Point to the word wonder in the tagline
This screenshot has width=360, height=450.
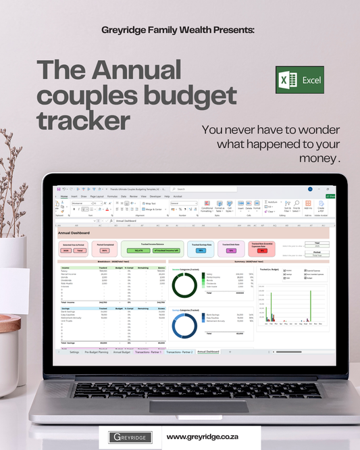point(319,130)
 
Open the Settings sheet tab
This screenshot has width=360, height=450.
point(74,352)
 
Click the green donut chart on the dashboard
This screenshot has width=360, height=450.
point(185,284)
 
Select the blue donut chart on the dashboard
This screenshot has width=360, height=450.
point(185,326)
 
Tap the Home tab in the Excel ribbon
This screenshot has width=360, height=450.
point(63,197)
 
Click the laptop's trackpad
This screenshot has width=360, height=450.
point(179,406)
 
